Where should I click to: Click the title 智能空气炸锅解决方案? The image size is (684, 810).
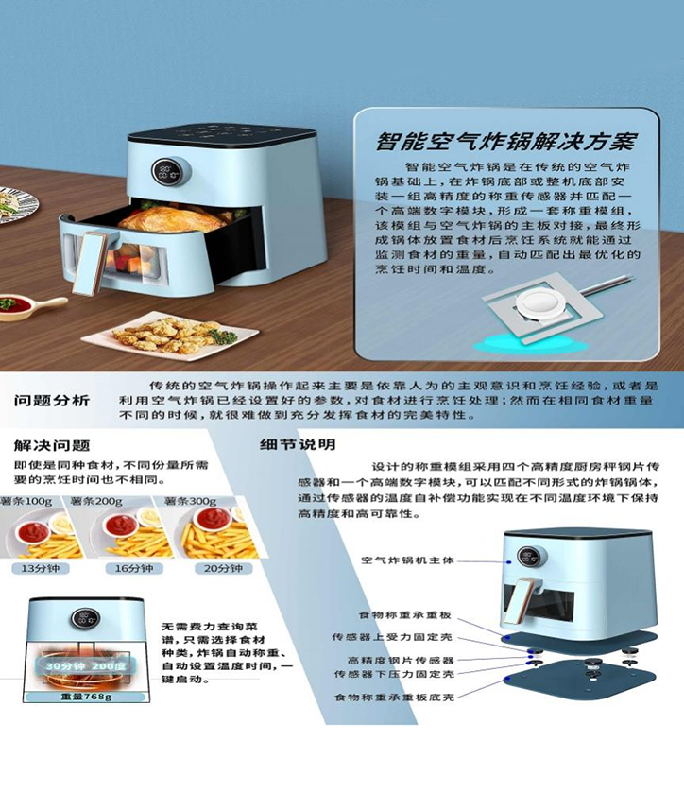tap(505, 143)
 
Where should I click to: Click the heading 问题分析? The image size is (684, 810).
tap(52, 400)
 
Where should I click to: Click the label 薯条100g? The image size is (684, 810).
tap(27, 500)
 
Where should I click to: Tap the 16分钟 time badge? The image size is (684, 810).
tap(134, 568)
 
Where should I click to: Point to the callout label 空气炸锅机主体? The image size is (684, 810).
tap(407, 560)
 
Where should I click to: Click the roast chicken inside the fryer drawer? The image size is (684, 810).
tap(175, 219)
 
